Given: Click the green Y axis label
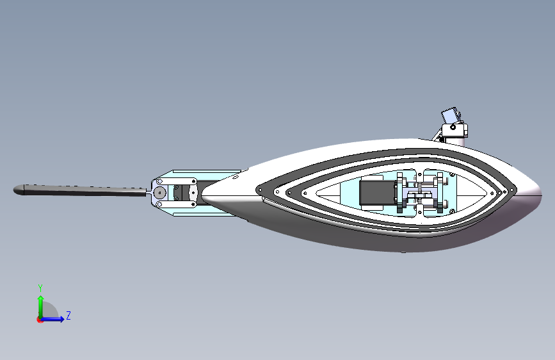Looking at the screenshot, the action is (x=40, y=288).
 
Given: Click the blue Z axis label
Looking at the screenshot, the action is (x=68, y=315).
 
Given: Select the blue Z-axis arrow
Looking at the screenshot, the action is (x=56, y=318).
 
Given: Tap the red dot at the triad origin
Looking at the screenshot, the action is (x=40, y=319).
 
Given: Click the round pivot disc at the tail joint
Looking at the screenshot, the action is (x=159, y=192).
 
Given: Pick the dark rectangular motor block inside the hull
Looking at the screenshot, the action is (x=373, y=193).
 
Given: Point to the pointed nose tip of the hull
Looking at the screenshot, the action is (x=540, y=191).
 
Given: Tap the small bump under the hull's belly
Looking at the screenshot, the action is (x=403, y=252).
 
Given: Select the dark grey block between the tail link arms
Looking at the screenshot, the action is (x=190, y=192).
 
